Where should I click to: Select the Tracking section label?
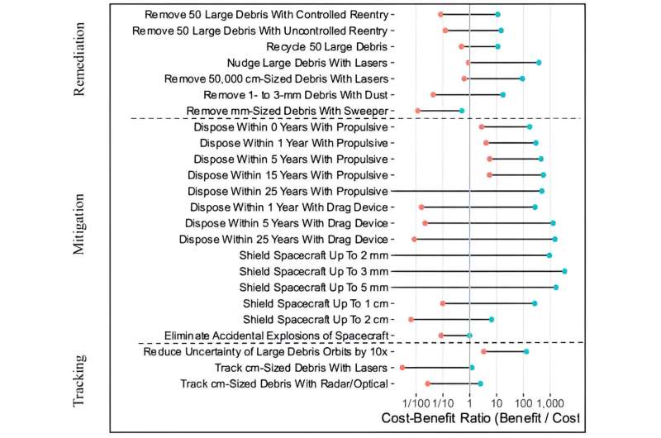[80, 380]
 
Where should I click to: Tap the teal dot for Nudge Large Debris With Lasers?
[539, 62]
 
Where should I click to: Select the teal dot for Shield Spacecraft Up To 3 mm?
[564, 271]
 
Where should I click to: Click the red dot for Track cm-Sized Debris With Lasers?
[402, 367]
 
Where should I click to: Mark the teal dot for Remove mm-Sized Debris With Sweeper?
[462, 110]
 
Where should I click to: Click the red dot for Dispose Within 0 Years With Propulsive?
[482, 126]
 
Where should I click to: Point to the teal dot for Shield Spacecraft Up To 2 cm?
[492, 319]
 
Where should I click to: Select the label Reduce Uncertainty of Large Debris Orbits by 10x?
[267, 351]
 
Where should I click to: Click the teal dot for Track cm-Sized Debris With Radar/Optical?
[480, 383]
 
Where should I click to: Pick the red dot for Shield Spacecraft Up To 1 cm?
[443, 303]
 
